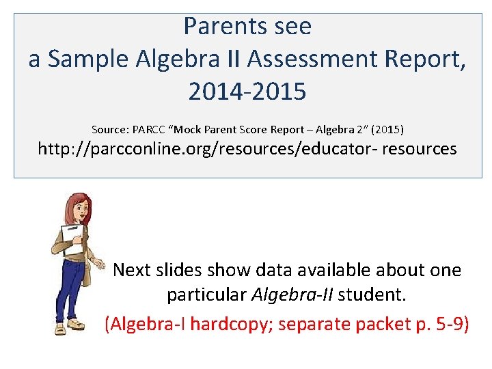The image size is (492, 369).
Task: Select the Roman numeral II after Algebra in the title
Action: pyautogui.click(x=232, y=59)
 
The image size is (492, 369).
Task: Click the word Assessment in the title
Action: pyautogui.click(x=314, y=59)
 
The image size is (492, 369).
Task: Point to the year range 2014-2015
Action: pyautogui.click(x=247, y=92)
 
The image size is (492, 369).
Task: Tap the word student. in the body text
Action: pyautogui.click(x=372, y=296)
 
